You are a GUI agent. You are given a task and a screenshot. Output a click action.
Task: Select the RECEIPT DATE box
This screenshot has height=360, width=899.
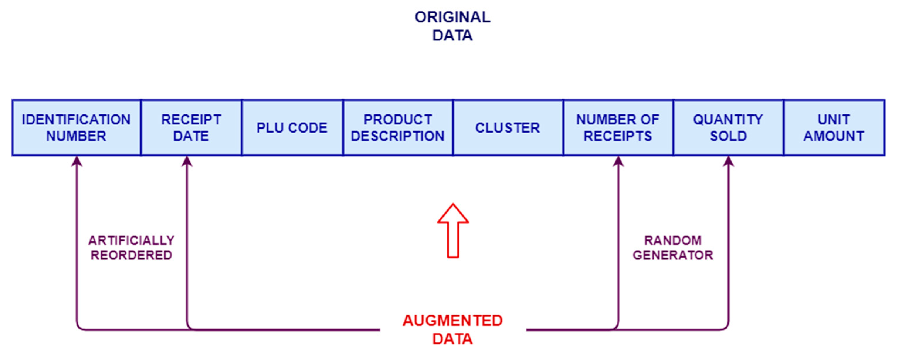tap(191, 127)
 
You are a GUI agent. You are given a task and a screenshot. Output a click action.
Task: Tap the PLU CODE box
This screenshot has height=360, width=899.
tap(292, 127)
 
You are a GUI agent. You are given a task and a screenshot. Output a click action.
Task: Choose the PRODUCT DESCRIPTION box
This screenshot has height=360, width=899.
tap(398, 127)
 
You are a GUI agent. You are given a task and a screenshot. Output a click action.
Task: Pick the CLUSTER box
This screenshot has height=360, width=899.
tap(508, 127)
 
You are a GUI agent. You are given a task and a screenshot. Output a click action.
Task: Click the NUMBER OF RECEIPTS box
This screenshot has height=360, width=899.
tap(618, 127)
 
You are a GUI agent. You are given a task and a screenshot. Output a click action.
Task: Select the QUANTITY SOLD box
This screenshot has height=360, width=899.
tap(728, 127)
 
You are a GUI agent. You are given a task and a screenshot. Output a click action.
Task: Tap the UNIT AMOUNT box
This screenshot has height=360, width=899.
tap(834, 127)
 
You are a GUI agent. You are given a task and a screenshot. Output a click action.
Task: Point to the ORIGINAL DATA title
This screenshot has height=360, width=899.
tap(453, 26)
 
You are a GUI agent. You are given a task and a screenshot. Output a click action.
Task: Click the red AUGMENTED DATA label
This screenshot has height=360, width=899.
tap(453, 329)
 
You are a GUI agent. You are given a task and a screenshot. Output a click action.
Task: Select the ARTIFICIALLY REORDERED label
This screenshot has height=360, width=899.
tap(131, 248)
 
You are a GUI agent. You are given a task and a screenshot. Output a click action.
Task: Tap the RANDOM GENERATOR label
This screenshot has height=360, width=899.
tap(673, 248)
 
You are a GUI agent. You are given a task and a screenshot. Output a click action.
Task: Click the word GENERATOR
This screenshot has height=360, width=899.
tap(673, 255)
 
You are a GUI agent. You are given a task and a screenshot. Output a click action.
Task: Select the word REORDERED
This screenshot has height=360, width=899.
tap(131, 255)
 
